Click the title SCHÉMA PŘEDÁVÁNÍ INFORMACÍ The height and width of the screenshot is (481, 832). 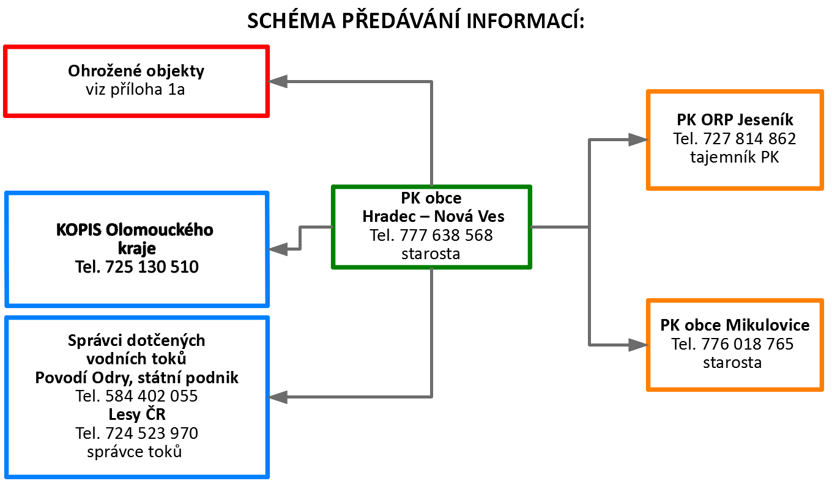(416, 20)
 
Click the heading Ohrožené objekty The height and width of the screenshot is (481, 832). (136, 71)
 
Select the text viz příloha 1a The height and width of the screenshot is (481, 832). (135, 89)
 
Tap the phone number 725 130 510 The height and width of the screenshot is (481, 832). (152, 267)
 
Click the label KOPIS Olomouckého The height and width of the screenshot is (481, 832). (135, 230)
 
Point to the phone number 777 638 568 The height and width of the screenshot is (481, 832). (446, 235)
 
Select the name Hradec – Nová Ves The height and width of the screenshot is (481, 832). (434, 216)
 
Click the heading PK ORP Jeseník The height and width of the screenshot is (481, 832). (735, 120)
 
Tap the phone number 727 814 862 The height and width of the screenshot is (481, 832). (749, 139)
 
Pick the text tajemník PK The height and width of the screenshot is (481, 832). (735, 157)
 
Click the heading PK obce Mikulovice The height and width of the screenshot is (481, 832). (735, 325)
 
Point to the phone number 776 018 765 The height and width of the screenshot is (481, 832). (748, 344)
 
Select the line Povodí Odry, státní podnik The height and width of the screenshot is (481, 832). (136, 378)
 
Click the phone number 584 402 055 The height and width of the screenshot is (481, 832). (152, 396)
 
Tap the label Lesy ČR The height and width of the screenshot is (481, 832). (136, 414)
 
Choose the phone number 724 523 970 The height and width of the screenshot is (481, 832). (152, 433)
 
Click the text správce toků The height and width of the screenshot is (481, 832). (135, 452)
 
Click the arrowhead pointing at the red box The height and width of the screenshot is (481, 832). (278, 81)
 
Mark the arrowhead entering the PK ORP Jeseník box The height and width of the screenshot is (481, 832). (638, 139)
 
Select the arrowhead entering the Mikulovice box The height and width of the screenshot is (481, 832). (638, 345)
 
